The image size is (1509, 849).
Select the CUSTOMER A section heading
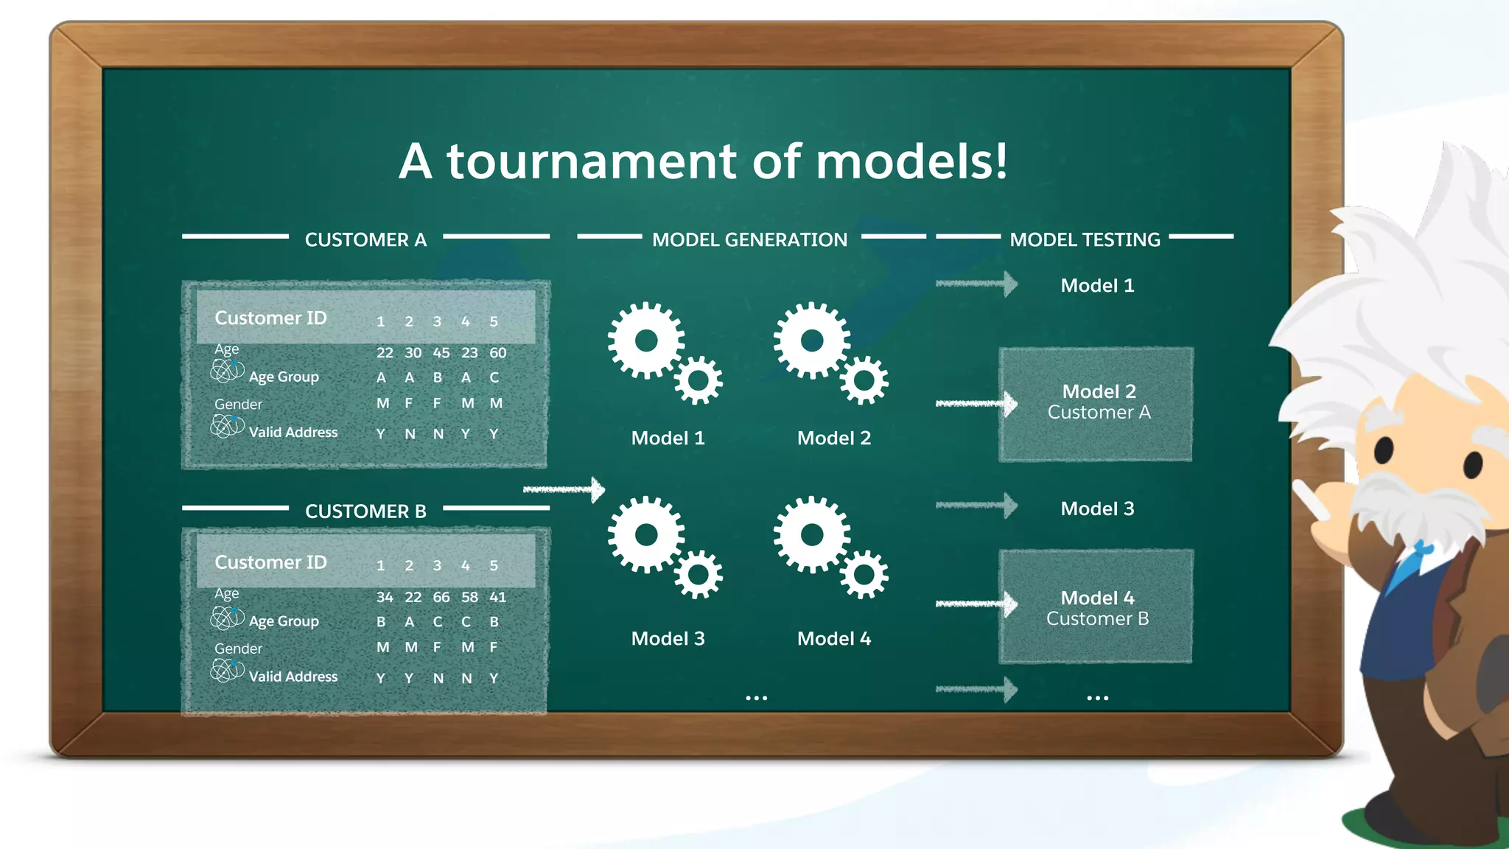click(x=365, y=240)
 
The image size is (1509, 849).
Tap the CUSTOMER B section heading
click(x=365, y=511)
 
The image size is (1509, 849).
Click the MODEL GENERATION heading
click(x=749, y=240)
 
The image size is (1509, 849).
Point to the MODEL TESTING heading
click(x=1085, y=240)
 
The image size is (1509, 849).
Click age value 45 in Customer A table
click(x=441, y=353)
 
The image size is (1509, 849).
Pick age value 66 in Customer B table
click(x=441, y=597)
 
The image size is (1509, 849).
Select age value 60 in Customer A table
click(x=498, y=353)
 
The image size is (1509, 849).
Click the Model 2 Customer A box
click(x=1096, y=405)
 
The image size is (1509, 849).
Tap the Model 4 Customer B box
click(x=1096, y=607)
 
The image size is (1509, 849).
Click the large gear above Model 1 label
click(x=646, y=340)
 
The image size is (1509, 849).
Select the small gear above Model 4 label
click(x=864, y=574)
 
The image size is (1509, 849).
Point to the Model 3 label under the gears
click(x=668, y=639)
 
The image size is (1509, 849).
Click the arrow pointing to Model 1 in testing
click(x=977, y=284)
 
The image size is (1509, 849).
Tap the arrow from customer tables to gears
click(x=564, y=489)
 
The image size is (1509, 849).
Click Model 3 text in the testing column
click(x=1097, y=509)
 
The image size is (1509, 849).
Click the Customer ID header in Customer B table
click(x=270, y=562)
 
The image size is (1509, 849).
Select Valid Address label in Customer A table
click(x=293, y=433)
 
